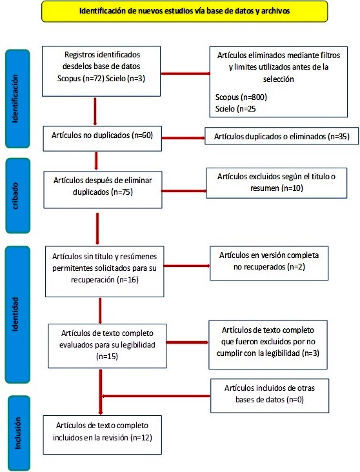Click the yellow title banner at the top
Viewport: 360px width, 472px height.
[185, 11]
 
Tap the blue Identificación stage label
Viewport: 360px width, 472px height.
[17, 99]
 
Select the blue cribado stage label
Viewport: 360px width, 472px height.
[18, 195]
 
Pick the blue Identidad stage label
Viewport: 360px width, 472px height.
[17, 315]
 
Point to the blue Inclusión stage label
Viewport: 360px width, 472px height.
[19, 433]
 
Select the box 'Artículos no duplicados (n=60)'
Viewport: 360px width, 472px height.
[103, 139]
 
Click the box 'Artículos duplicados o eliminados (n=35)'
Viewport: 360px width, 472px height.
[282, 136]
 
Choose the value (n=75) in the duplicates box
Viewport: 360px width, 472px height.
[122, 192]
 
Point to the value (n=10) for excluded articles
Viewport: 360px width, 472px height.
[292, 188]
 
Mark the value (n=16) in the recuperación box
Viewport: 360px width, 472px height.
[128, 280]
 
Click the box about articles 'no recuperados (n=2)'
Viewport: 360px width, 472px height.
[269, 263]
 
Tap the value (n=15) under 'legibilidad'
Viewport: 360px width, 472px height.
[107, 357]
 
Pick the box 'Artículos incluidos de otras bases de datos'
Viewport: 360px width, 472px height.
[270, 395]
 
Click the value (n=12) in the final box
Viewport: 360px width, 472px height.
[141, 438]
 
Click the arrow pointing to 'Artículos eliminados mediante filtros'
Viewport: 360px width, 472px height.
[186, 73]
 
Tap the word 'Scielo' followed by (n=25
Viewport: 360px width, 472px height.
[225, 109]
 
